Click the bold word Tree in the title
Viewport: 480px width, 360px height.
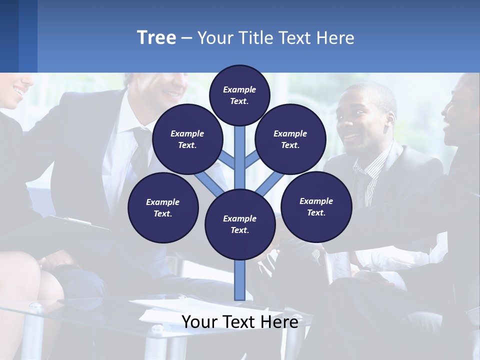156,37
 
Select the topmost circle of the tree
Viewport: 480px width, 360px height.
239,94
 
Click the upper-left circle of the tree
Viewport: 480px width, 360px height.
187,139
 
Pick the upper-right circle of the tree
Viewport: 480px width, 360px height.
290,139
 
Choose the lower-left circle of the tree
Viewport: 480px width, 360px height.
163,207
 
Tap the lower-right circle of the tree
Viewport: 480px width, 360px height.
316,206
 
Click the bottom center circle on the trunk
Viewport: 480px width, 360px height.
240,224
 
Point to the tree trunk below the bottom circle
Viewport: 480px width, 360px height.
240,280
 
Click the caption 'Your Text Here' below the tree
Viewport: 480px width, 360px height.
240,322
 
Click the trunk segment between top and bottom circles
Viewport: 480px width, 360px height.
240,160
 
